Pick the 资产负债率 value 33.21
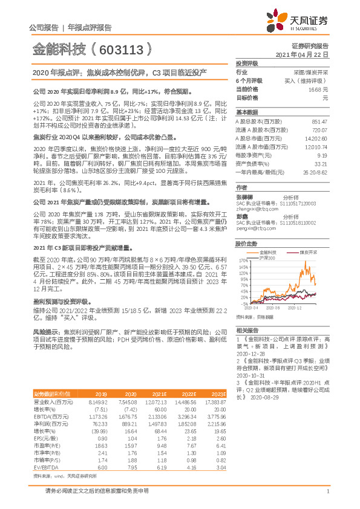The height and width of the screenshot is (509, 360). click(x=321, y=163)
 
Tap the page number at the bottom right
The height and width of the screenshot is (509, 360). click(x=327, y=492)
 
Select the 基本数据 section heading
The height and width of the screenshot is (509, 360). click(x=246, y=112)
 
